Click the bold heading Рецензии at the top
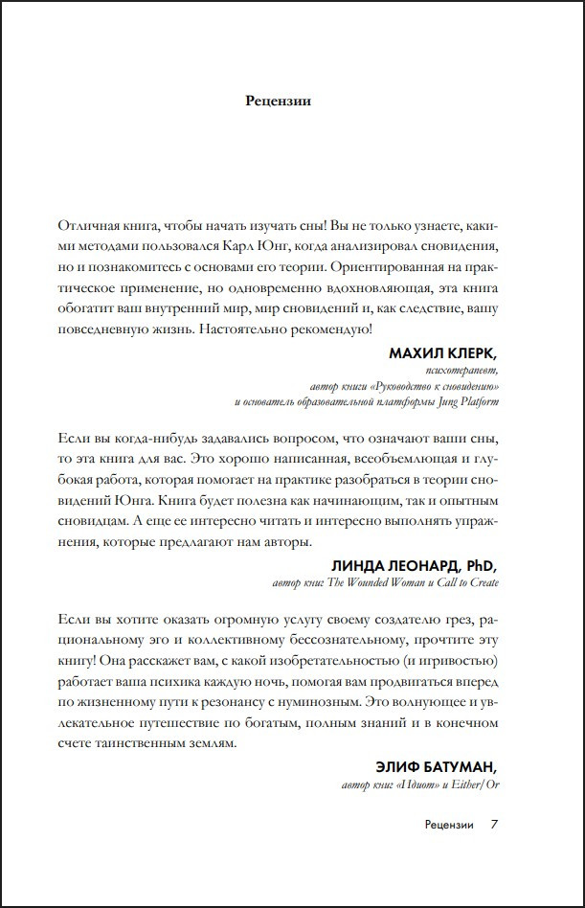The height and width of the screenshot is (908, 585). coord(279,100)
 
